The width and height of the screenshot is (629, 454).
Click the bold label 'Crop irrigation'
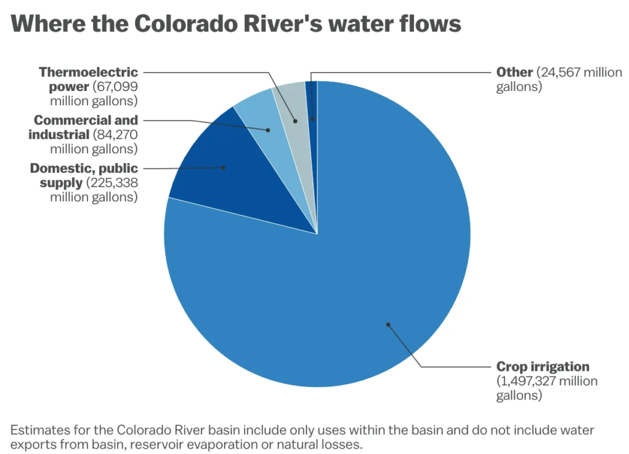543,367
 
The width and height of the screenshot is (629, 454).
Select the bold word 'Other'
514,72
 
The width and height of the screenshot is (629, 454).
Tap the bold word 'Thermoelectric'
89,72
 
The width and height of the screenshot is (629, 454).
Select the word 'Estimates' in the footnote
37,429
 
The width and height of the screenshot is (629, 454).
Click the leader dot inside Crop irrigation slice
388,324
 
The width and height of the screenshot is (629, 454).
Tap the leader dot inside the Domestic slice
224,167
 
